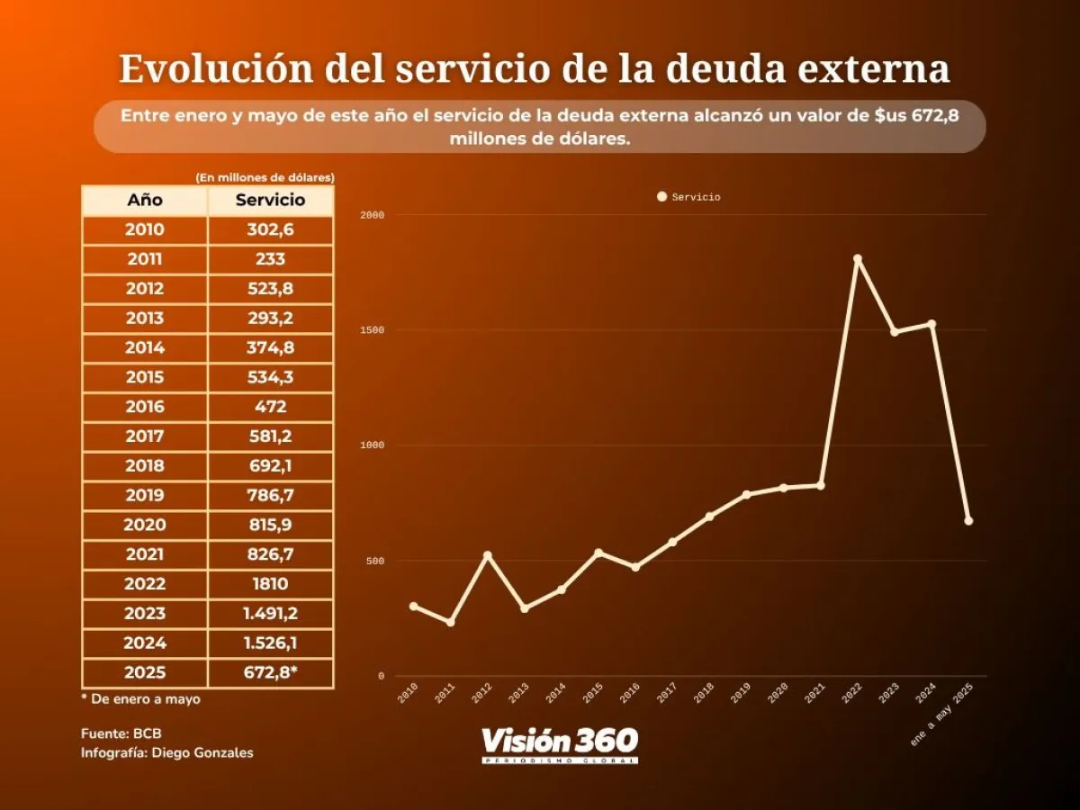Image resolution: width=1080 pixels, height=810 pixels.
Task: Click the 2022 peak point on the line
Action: pyautogui.click(x=857, y=259)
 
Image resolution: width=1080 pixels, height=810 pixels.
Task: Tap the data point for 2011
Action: pyautogui.click(x=450, y=622)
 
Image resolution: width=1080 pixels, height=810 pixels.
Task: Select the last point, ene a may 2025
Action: pyautogui.click(x=968, y=520)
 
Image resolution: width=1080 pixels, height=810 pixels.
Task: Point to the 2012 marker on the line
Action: pyautogui.click(x=487, y=555)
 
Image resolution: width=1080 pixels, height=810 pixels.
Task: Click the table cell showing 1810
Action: pyautogui.click(x=270, y=584)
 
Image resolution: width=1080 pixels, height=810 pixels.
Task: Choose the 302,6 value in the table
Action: pyautogui.click(x=270, y=229)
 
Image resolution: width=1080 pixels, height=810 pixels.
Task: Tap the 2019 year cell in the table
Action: pyautogui.click(x=145, y=495)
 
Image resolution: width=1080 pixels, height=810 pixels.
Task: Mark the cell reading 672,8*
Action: pyautogui.click(x=270, y=672)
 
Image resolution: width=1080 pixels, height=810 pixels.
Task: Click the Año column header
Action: pyautogui.click(x=145, y=200)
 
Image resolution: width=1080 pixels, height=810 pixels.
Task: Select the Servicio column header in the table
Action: pyautogui.click(x=270, y=200)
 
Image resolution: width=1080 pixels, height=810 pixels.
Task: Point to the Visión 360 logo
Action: pyautogui.click(x=560, y=743)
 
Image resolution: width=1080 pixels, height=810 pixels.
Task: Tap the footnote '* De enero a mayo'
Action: pyautogui.click(x=140, y=698)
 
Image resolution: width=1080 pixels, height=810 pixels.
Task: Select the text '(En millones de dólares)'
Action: pyautogui.click(x=265, y=177)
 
